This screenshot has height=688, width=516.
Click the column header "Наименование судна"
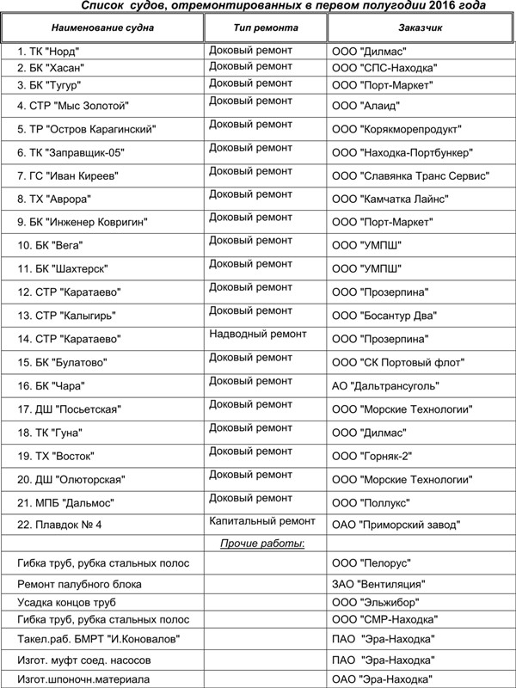tap(102, 28)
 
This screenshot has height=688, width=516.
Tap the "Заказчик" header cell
tap(421, 28)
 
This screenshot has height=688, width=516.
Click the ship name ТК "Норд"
tap(59, 52)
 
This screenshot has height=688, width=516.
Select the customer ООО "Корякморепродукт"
tap(396, 130)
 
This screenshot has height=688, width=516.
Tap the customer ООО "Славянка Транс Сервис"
tap(410, 176)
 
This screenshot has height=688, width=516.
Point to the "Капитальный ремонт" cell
tap(262, 520)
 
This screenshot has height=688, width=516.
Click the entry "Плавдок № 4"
tap(59, 525)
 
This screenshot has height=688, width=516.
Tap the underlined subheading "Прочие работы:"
tap(262, 544)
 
